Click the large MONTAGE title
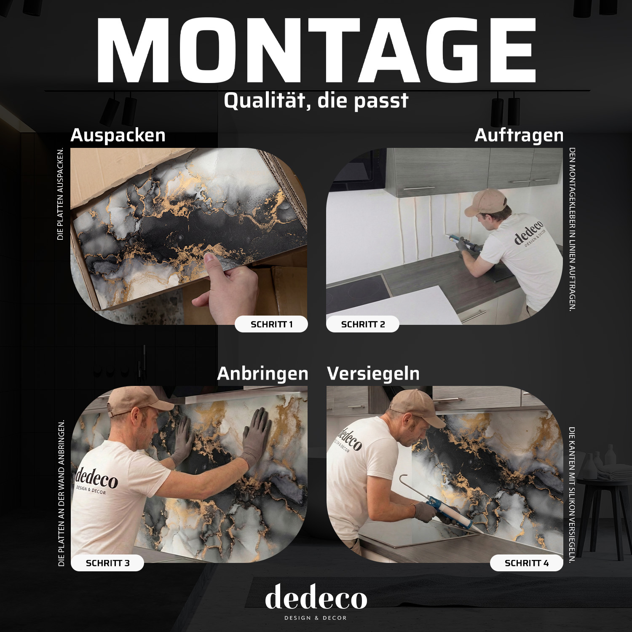316,51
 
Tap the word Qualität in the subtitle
267,101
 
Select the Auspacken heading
118,135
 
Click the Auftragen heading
519,135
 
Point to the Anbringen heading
262,374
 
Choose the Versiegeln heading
373,374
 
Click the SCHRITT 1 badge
271,324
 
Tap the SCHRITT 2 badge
363,324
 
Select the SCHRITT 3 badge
107,563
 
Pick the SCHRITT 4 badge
527,563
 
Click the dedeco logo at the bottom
316,602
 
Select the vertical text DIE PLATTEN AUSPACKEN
60,194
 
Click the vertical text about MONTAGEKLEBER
572,229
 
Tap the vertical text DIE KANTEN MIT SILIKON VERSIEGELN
572,495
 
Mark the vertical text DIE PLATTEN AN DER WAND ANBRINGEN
62,493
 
